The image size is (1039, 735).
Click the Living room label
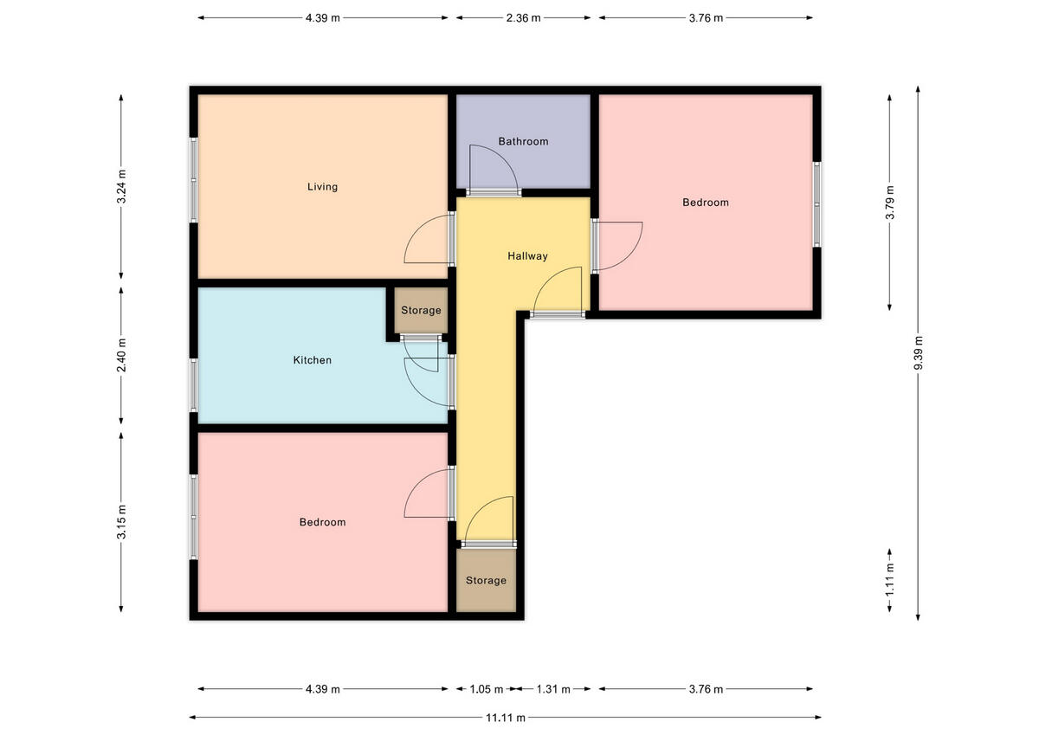pyautogui.click(x=322, y=187)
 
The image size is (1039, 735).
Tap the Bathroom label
pyautogui.click(x=523, y=141)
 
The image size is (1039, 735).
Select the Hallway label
pyautogui.click(x=527, y=256)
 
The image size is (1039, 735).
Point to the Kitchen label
pyautogui.click(x=312, y=360)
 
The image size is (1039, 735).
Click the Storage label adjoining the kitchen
pyautogui.click(x=421, y=310)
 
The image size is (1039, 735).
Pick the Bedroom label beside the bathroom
pyautogui.click(x=706, y=203)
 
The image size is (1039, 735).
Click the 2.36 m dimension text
pyautogui.click(x=523, y=17)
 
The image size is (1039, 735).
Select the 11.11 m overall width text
pyautogui.click(x=505, y=718)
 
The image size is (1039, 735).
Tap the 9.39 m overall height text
pyautogui.click(x=918, y=353)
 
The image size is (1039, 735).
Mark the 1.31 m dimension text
pyautogui.click(x=552, y=690)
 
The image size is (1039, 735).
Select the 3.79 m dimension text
pyautogui.click(x=890, y=203)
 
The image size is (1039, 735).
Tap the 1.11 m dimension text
pyautogui.click(x=890, y=579)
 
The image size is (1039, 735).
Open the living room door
pyautogui.click(x=429, y=242)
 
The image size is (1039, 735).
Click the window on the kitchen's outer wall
pyautogui.click(x=194, y=384)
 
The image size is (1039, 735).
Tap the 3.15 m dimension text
pyautogui.click(x=122, y=521)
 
